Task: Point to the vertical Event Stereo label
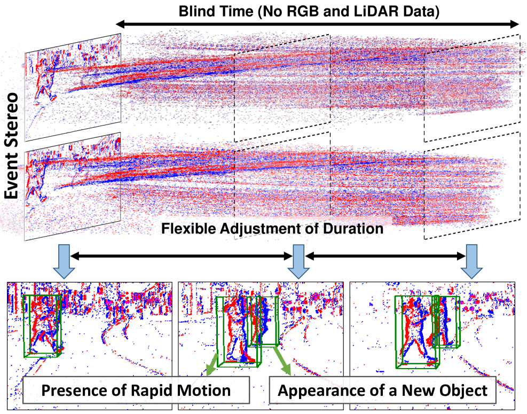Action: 11,145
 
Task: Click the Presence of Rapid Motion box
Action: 136,390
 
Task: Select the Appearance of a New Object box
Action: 382,390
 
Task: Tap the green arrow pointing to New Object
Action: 282,363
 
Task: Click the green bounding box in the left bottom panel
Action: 43,326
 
